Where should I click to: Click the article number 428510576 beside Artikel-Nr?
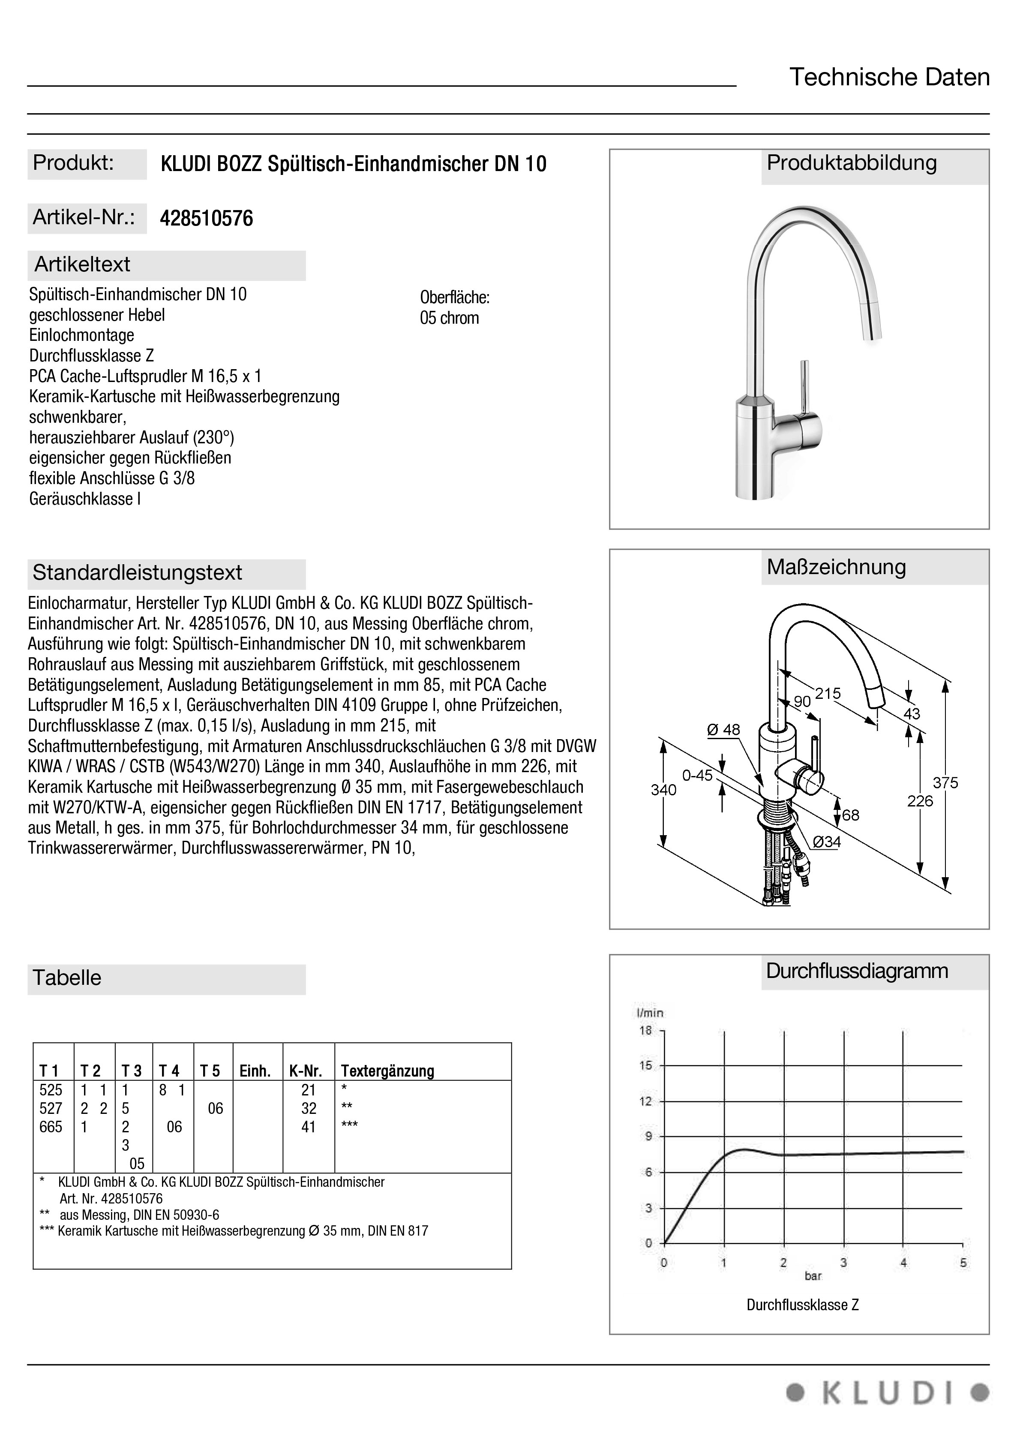tap(207, 219)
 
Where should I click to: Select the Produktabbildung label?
tap(852, 163)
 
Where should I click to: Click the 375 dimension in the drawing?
tap(945, 783)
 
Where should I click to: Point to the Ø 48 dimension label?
tap(723, 730)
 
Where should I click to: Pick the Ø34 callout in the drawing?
tap(827, 842)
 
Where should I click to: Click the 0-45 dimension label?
tap(697, 776)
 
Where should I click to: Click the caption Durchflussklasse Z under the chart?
tap(803, 1305)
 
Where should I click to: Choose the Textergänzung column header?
tap(387, 1071)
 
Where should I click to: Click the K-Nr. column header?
tap(306, 1071)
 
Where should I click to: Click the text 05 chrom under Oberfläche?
tap(449, 319)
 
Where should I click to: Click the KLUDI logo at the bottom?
tap(888, 1393)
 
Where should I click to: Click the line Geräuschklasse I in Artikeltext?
tap(85, 499)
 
